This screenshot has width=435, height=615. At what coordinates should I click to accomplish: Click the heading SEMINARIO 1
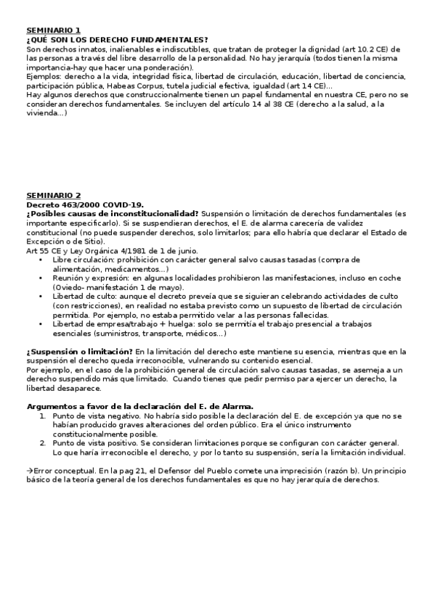point(54,30)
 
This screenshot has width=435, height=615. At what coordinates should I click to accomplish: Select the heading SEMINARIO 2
point(54,196)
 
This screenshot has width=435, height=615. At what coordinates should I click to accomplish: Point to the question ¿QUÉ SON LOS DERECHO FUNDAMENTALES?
point(116,39)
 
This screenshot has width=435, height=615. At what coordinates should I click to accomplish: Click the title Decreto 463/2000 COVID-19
point(85,205)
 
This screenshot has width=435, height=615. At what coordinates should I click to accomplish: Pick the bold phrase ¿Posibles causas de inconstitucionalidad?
point(112,214)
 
